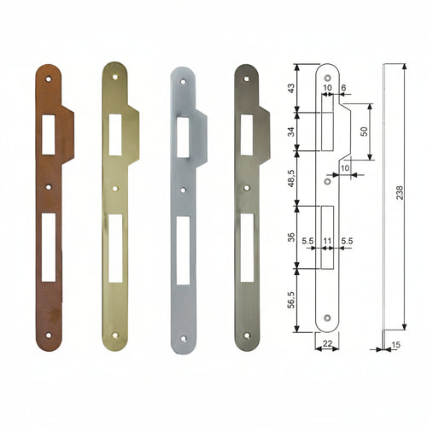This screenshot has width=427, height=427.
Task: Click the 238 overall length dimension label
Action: pyautogui.click(x=400, y=192)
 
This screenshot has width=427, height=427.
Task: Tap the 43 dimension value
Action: pyautogui.click(x=291, y=89)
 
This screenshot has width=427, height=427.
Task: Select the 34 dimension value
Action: pyautogui.click(x=291, y=132)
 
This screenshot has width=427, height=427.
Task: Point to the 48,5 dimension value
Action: pyautogui.click(x=291, y=178)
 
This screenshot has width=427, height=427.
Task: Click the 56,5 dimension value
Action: pyautogui.click(x=291, y=300)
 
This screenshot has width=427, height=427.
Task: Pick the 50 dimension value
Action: pyautogui.click(x=364, y=132)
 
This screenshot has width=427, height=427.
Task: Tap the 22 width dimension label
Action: pyautogui.click(x=327, y=343)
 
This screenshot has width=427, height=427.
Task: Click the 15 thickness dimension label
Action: pyautogui.click(x=396, y=345)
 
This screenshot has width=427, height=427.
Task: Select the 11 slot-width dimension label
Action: pyautogui.click(x=327, y=242)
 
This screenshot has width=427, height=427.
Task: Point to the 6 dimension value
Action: pyautogui.click(x=343, y=88)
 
